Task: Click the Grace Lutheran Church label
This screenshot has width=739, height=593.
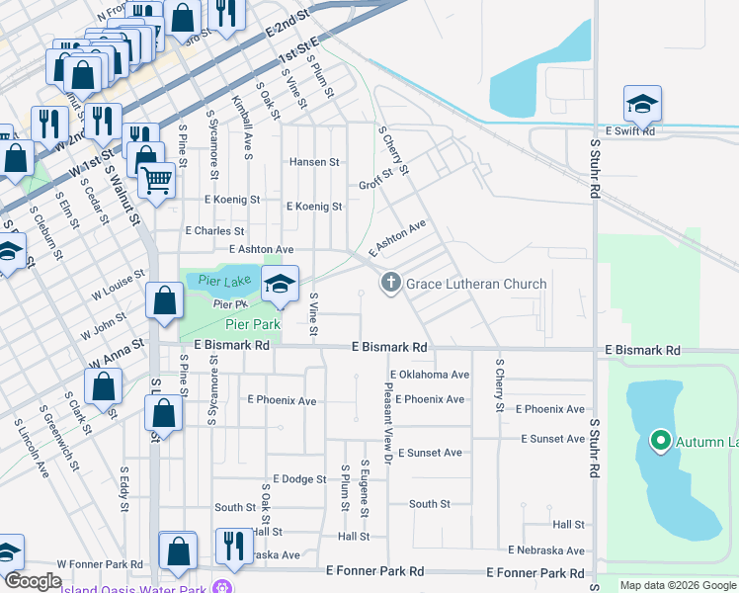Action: click(476, 284)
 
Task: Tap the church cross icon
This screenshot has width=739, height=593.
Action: click(390, 284)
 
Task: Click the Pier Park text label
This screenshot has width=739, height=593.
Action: click(253, 323)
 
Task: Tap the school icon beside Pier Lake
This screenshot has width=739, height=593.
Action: click(280, 284)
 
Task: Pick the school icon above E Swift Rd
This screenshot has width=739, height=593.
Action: click(642, 104)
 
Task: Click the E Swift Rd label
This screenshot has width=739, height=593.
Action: click(629, 130)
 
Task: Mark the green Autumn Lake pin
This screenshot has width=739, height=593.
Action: click(659, 441)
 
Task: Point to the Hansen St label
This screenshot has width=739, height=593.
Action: click(314, 162)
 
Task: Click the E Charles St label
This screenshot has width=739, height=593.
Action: click(214, 230)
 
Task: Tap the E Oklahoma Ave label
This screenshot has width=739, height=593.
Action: click(429, 376)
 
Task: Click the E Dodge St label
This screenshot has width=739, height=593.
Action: click(291, 479)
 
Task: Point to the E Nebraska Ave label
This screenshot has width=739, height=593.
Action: click(546, 550)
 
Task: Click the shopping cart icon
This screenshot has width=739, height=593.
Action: click(156, 180)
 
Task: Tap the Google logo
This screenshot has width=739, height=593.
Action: click(33, 581)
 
